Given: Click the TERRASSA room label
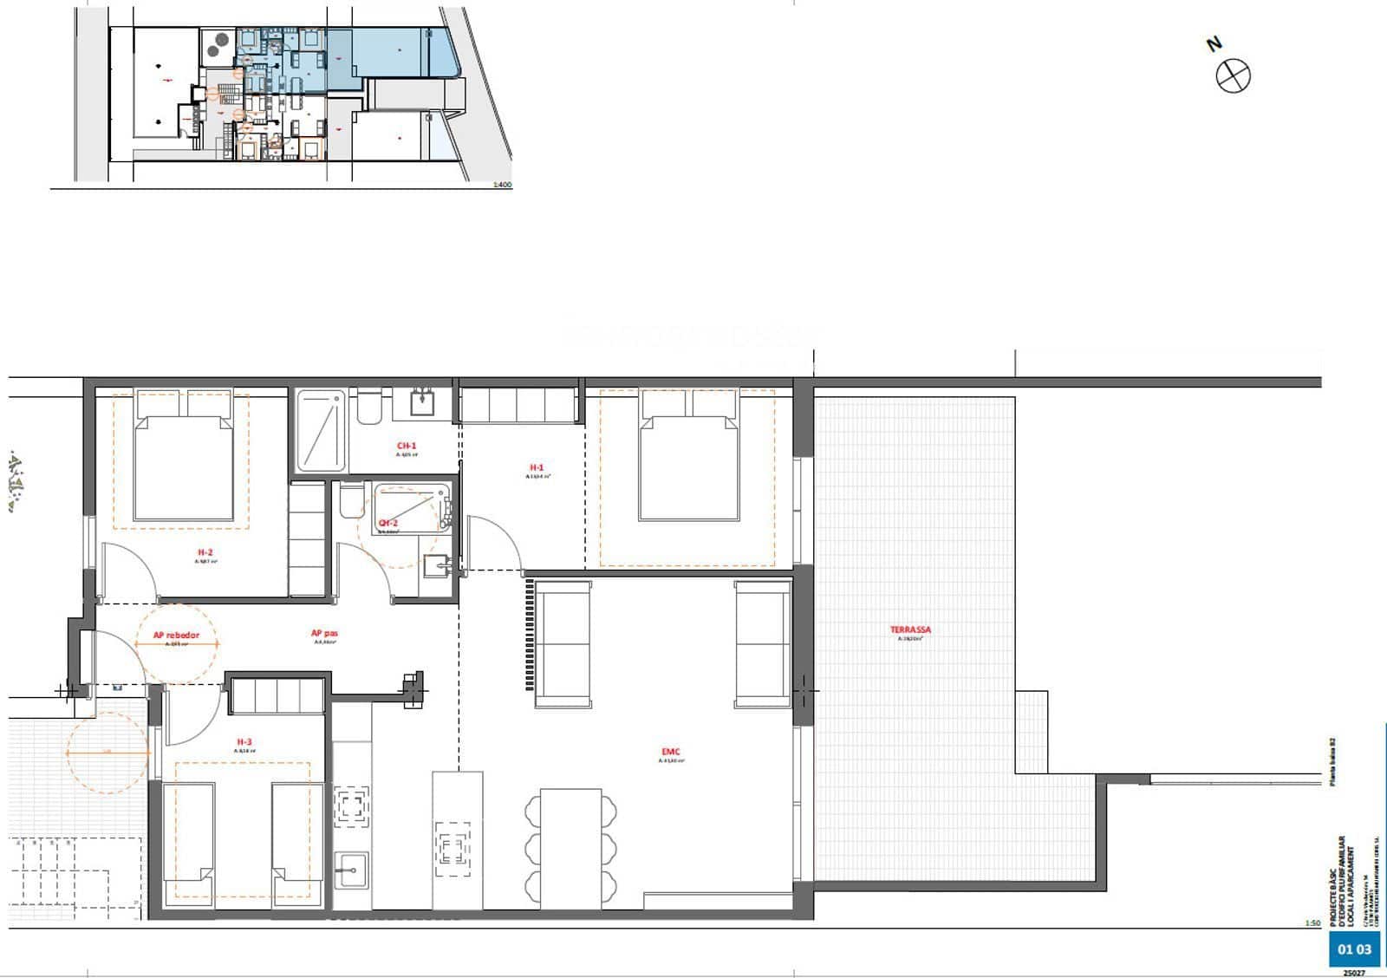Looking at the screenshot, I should pyautogui.click(x=910, y=630).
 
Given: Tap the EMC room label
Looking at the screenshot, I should pyautogui.click(x=671, y=753).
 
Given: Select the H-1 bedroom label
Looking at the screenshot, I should pyautogui.click(x=537, y=468).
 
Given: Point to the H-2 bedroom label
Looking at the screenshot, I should pyautogui.click(x=205, y=552).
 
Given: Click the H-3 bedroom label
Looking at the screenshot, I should pyautogui.click(x=244, y=742).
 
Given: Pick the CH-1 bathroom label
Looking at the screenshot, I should pyautogui.click(x=407, y=447).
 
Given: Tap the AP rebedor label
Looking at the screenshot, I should pyautogui.click(x=176, y=636).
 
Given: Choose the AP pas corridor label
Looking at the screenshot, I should pyautogui.click(x=323, y=634).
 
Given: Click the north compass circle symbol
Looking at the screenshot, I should pyautogui.click(x=1233, y=76).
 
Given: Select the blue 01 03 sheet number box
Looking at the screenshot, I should pyautogui.click(x=1354, y=949).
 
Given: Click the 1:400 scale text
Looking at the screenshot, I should pyautogui.click(x=502, y=185).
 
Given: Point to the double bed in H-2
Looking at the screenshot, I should pyautogui.click(x=184, y=468).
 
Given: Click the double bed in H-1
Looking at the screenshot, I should pyautogui.click(x=689, y=468).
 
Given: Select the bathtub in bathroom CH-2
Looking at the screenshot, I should pyautogui.click(x=411, y=507).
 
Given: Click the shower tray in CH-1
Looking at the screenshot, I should pyautogui.click(x=321, y=431).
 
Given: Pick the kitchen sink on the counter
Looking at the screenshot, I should pyautogui.click(x=351, y=870).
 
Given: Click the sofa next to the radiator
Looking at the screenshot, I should pyautogui.click(x=563, y=643).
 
